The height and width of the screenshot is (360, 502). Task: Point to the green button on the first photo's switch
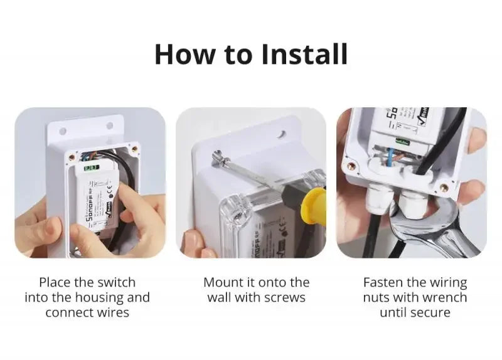coord(90,167)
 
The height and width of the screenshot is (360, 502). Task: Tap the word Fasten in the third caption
coord(384,282)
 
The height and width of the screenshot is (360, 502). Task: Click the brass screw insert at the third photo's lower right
coord(444,187)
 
